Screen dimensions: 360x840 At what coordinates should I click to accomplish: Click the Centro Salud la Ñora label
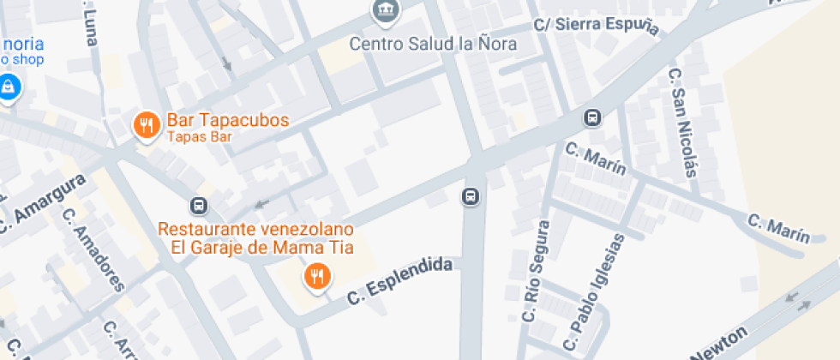(x=434, y=44)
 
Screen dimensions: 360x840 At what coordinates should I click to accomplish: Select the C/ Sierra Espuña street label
(x=596, y=26)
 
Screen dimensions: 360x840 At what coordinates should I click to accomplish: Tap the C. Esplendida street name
(x=399, y=282)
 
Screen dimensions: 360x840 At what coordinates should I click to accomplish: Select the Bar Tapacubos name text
(x=227, y=120)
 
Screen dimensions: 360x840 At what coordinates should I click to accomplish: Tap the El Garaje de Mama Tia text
(x=263, y=249)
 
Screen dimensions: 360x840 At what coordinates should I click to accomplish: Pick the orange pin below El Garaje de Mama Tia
(x=318, y=276)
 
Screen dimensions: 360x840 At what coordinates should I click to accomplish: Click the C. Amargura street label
(x=43, y=203)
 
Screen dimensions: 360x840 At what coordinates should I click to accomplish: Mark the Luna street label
(x=90, y=27)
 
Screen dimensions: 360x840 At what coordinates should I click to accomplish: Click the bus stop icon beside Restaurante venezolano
(x=198, y=206)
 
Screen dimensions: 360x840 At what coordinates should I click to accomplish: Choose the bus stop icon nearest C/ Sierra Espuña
(x=592, y=117)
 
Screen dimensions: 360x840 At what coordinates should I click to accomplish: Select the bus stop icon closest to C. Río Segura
(x=471, y=196)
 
